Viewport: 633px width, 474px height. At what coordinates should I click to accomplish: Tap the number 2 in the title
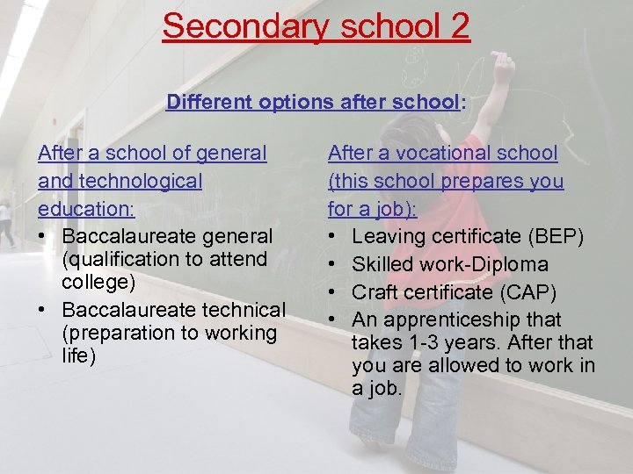[x=459, y=25]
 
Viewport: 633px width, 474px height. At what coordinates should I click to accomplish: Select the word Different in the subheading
[x=210, y=102]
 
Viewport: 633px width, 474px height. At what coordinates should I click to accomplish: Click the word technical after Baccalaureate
[x=238, y=310]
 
